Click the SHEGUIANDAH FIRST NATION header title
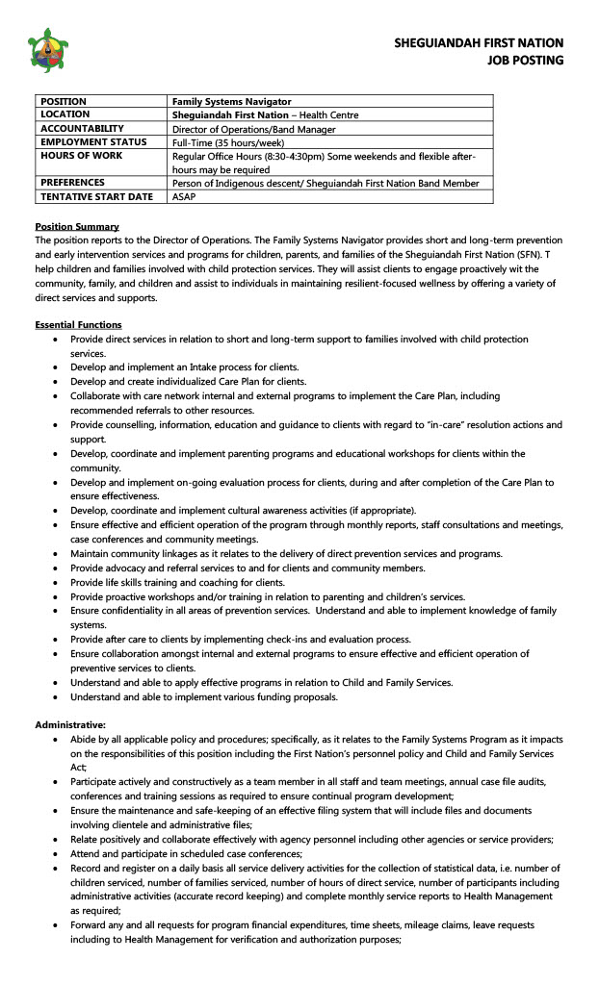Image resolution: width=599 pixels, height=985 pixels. tap(479, 43)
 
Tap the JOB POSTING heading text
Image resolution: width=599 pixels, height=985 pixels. tap(525, 61)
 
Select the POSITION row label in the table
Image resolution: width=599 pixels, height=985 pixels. tap(64, 101)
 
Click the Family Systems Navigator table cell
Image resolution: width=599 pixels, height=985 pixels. tap(231, 101)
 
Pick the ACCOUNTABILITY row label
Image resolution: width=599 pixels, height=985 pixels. tap(82, 128)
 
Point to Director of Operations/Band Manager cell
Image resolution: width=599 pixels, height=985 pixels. tap(253, 129)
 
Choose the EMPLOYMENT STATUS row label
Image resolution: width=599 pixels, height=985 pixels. tap(93, 141)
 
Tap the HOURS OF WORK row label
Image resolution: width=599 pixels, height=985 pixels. tap(81, 156)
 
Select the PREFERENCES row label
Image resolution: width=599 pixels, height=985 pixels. tap(72, 182)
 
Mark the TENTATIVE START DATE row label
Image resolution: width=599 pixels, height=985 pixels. tap(96, 196)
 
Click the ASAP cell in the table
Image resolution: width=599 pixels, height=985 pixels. tap(183, 196)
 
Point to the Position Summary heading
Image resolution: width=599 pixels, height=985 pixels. tap(77, 226)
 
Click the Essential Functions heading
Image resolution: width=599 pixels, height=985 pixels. tap(78, 325)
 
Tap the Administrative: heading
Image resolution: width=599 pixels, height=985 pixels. tap(70, 724)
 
